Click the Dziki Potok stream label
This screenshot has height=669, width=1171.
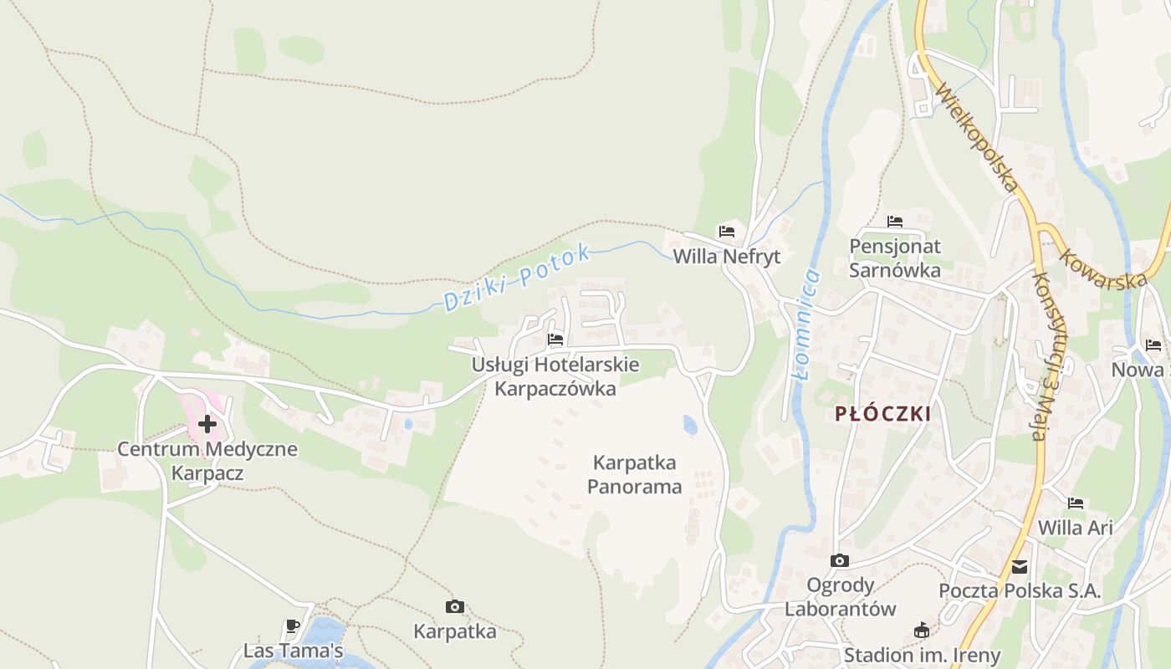pyautogui.click(x=517, y=278)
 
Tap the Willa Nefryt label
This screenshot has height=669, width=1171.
pyautogui.click(x=726, y=257)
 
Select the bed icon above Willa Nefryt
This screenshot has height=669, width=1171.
pyautogui.click(x=726, y=232)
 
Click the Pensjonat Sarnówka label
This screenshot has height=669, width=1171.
pyautogui.click(x=895, y=258)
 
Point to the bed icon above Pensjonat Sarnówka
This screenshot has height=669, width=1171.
pyautogui.click(x=895, y=222)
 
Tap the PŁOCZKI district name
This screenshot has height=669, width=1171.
pyautogui.click(x=882, y=414)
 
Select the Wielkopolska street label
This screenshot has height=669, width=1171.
pyautogui.click(x=977, y=138)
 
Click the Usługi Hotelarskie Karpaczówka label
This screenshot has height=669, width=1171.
pyautogui.click(x=555, y=376)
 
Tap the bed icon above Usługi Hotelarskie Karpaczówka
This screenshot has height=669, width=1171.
pyautogui.click(x=555, y=340)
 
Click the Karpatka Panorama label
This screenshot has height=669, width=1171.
pyautogui.click(x=634, y=474)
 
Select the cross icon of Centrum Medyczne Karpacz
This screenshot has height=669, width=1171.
pyautogui.click(x=207, y=424)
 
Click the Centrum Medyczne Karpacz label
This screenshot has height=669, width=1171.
pyautogui.click(x=207, y=461)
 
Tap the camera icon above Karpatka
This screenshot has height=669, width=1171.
pyautogui.click(x=455, y=606)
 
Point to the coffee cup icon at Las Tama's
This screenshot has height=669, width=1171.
pyautogui.click(x=292, y=626)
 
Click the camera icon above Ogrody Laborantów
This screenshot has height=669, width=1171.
pyautogui.click(x=840, y=560)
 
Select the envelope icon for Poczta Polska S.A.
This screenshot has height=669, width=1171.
pyautogui.click(x=1020, y=567)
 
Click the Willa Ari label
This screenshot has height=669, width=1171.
pyautogui.click(x=1075, y=528)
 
